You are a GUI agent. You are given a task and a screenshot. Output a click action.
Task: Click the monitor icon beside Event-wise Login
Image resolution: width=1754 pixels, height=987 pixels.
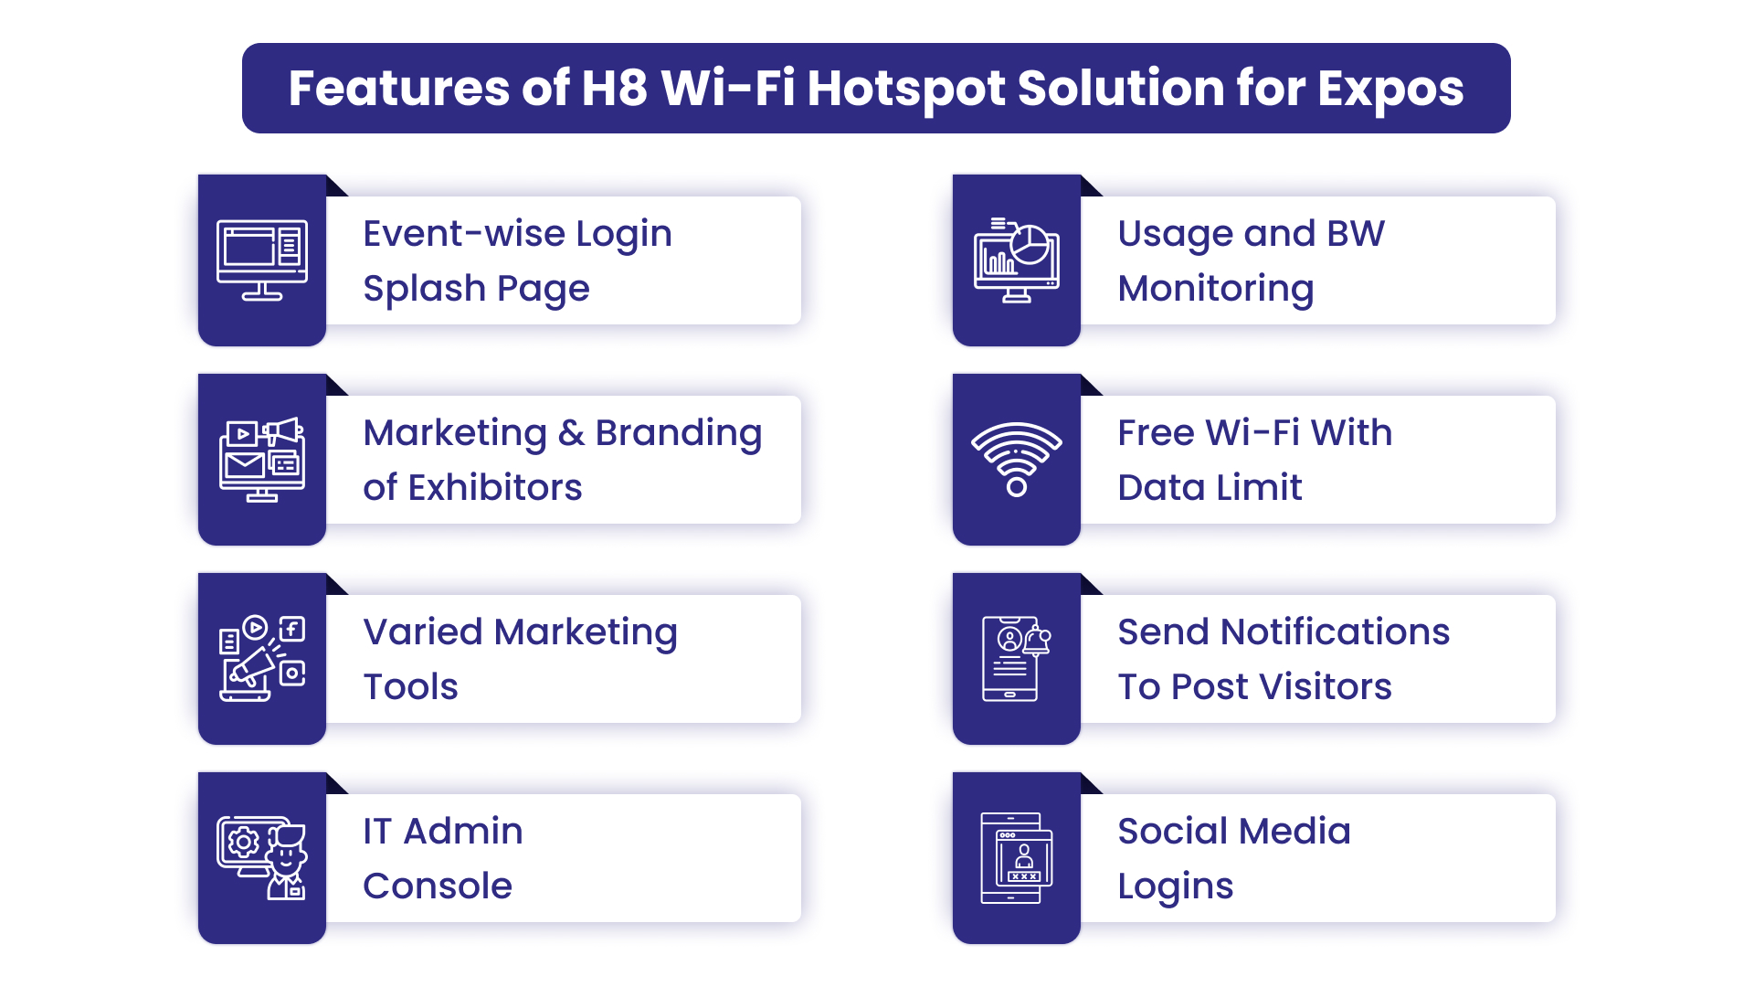pos(262,260)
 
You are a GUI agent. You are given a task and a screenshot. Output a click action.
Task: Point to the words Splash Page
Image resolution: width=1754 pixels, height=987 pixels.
pos(476,289)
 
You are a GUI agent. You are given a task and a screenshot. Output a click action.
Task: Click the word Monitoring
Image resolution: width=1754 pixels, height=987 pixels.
pos(1215,289)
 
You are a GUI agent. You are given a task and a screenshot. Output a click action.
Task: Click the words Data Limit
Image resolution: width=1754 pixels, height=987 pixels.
pos(1210,488)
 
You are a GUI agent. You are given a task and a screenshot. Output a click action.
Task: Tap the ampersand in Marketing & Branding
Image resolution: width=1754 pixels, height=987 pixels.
pos(571,433)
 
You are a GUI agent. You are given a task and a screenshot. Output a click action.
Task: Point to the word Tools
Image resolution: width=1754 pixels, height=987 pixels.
pos(410,687)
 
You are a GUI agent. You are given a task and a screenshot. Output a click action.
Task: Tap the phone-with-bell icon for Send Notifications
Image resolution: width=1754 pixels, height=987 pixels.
pos(1017,659)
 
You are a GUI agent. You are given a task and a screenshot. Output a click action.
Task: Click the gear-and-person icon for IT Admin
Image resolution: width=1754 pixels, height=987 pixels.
pos(262,858)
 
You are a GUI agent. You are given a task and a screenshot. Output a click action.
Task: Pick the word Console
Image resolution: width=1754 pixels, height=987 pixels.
pos(438,886)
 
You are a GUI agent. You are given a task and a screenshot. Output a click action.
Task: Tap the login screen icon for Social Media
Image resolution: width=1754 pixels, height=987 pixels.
pos(1017,858)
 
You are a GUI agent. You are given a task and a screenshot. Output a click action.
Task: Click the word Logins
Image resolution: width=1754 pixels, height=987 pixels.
pos(1175,886)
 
